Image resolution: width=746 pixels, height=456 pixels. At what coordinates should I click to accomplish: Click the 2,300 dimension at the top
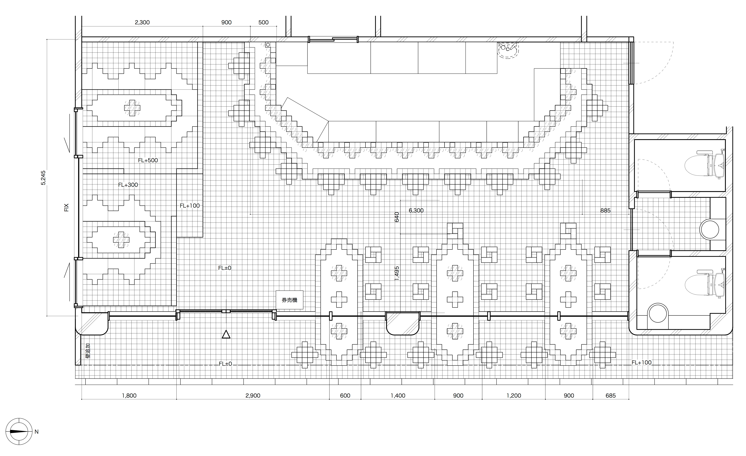[142, 23]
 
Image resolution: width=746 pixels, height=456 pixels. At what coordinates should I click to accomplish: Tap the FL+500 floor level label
[148, 160]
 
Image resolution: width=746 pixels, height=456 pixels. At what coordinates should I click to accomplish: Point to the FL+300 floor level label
[128, 185]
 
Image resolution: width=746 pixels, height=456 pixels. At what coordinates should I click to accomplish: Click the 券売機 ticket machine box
[289, 300]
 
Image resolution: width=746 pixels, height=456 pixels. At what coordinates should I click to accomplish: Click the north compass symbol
[19, 431]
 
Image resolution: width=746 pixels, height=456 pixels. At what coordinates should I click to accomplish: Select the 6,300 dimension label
[416, 211]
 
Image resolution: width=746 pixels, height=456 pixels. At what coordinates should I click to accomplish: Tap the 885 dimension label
[605, 211]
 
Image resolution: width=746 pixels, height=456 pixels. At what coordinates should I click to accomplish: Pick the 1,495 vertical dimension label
[397, 273]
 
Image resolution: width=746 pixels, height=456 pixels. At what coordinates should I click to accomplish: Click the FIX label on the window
[67, 208]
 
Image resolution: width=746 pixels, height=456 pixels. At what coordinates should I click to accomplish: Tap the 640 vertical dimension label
[397, 217]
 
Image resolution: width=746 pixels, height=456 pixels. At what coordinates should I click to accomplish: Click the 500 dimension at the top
[263, 23]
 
